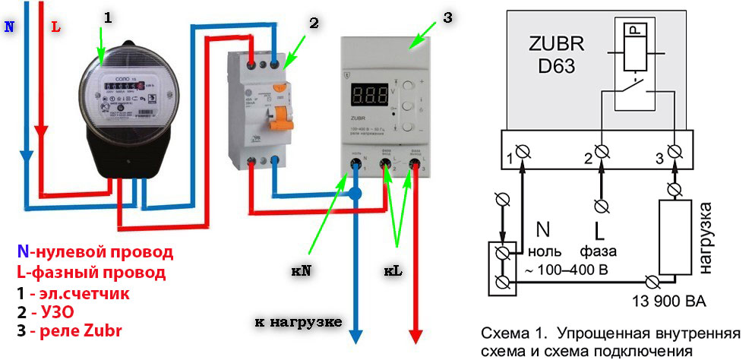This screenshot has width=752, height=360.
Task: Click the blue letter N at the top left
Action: pos(9,26)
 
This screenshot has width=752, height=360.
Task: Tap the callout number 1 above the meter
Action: pos(107,17)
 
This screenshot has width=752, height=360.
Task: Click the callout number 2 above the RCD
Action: pos(312,23)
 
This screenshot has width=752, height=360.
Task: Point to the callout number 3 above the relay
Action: pos(447,17)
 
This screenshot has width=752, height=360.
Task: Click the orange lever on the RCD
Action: pos(283,113)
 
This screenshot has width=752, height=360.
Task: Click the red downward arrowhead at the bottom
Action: pos(416,333)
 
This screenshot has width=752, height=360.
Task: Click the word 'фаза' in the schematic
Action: pos(598,251)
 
